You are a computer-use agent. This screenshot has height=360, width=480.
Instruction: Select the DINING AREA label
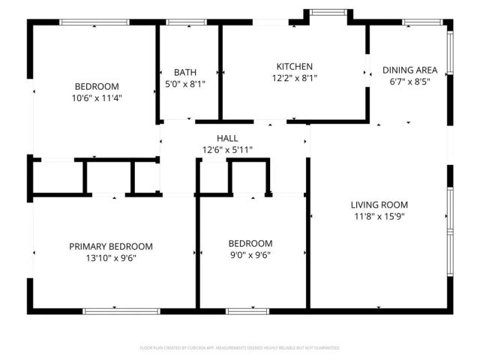pos(409,70)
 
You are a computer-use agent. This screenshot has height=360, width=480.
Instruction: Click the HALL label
pos(227,139)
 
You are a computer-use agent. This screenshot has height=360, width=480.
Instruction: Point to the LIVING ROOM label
pos(379,205)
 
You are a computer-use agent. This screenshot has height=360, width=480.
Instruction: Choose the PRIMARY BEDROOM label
pos(111,247)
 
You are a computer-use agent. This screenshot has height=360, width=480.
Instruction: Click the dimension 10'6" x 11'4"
pos(96,97)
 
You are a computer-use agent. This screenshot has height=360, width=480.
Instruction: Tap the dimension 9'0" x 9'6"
pos(250,255)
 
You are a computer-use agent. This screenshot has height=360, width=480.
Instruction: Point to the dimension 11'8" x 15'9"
pos(379,216)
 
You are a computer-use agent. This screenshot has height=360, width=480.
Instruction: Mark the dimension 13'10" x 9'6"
pos(111,258)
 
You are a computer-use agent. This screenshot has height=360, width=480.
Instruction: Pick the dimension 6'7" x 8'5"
pos(409,82)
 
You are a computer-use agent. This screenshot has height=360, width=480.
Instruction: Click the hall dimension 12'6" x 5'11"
pos(227,150)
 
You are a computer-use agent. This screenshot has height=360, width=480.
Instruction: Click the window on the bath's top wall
pos(188,22)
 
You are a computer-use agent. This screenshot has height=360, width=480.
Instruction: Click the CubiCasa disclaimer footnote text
pos(240,348)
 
